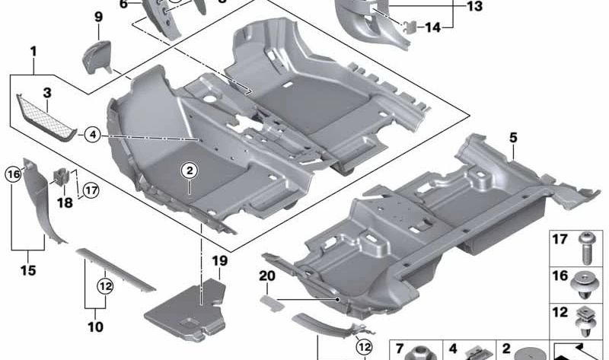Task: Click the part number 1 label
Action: click(33, 51)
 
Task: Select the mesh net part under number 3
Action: click(46, 117)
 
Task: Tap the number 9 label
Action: click(98, 17)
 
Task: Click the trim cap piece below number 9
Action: click(97, 57)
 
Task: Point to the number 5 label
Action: click(513, 138)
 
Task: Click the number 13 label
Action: click(474, 6)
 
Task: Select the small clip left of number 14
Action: click(410, 27)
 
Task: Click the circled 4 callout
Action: click(92, 135)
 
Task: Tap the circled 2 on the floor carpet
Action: click(190, 170)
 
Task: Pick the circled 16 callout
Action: click(13, 174)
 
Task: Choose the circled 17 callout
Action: click(91, 190)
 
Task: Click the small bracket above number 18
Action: click(60, 177)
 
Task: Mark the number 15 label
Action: click(28, 270)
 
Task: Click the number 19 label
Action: click(219, 260)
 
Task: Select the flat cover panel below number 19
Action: click(185, 310)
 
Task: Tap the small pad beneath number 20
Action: click(272, 303)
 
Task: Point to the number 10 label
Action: click(96, 327)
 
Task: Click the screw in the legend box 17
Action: click(586, 248)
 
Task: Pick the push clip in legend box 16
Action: click(585, 285)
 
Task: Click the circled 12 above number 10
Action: click(105, 287)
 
